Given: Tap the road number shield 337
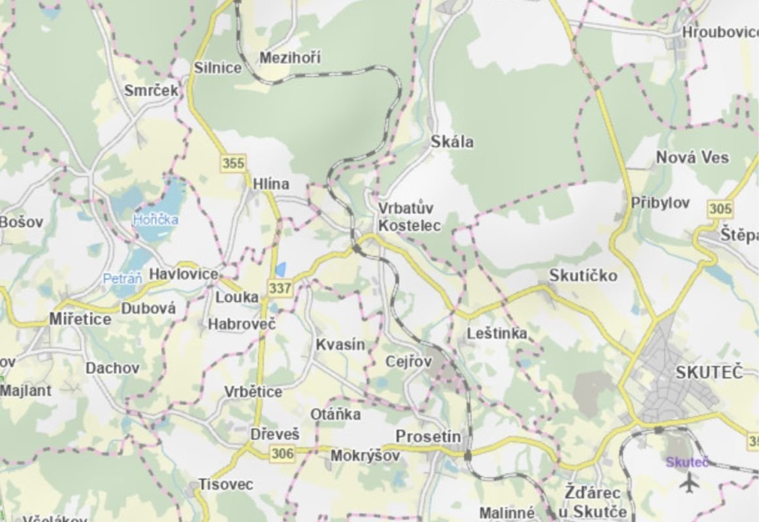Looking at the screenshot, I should click(x=280, y=288).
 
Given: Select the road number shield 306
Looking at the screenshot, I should click(x=282, y=453).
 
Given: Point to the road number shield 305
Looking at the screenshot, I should click(x=719, y=209).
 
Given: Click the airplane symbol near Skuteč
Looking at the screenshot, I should click(x=688, y=484).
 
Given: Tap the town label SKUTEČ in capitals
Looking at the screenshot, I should click(x=709, y=373).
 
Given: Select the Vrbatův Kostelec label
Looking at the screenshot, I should click(x=410, y=217).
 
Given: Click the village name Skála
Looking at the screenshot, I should click(x=452, y=142).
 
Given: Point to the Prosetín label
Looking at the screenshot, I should click(x=428, y=437).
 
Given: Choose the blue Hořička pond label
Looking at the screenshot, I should click(x=155, y=220).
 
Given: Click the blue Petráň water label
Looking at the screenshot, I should click(x=122, y=279).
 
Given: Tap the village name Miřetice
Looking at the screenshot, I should click(x=80, y=319).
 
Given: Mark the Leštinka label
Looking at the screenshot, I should click(x=496, y=333).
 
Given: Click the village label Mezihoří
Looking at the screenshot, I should click(x=290, y=58).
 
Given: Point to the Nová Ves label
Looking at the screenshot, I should click(x=692, y=157).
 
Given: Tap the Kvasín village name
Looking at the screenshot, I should click(x=340, y=345).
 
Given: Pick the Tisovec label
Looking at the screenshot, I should click(x=225, y=485).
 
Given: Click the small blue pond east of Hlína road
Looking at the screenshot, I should click(x=281, y=269).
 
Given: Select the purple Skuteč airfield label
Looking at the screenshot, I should click(x=687, y=462).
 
